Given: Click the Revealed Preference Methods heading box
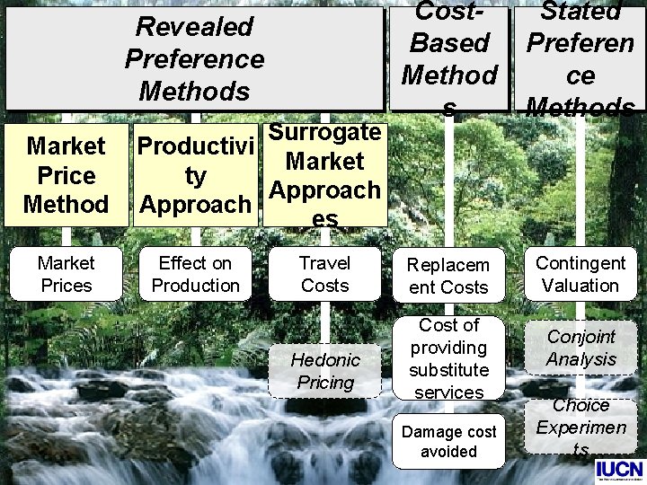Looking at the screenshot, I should tap(194, 58).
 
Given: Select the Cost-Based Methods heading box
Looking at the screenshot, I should tap(449, 58).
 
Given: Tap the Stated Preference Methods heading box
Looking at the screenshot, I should tap(580, 58).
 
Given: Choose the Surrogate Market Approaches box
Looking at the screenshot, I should tap(324, 174).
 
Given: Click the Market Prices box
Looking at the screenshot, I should tap(66, 274).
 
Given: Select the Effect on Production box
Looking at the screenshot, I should tap(195, 274).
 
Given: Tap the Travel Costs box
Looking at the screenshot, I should tap(324, 274).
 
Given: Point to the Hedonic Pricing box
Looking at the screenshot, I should tap(324, 371).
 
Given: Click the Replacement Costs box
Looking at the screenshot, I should tap(448, 276).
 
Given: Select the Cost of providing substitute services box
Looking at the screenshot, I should tap(448, 358).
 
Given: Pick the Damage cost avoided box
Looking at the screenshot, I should tap(448, 441).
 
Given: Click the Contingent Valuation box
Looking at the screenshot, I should tap(580, 274).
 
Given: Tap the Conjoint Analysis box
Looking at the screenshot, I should tap(580, 348).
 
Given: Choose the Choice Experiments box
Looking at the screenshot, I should tap(580, 428).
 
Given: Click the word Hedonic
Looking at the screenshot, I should tap(324, 360).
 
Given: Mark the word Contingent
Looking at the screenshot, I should tap(580, 263).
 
